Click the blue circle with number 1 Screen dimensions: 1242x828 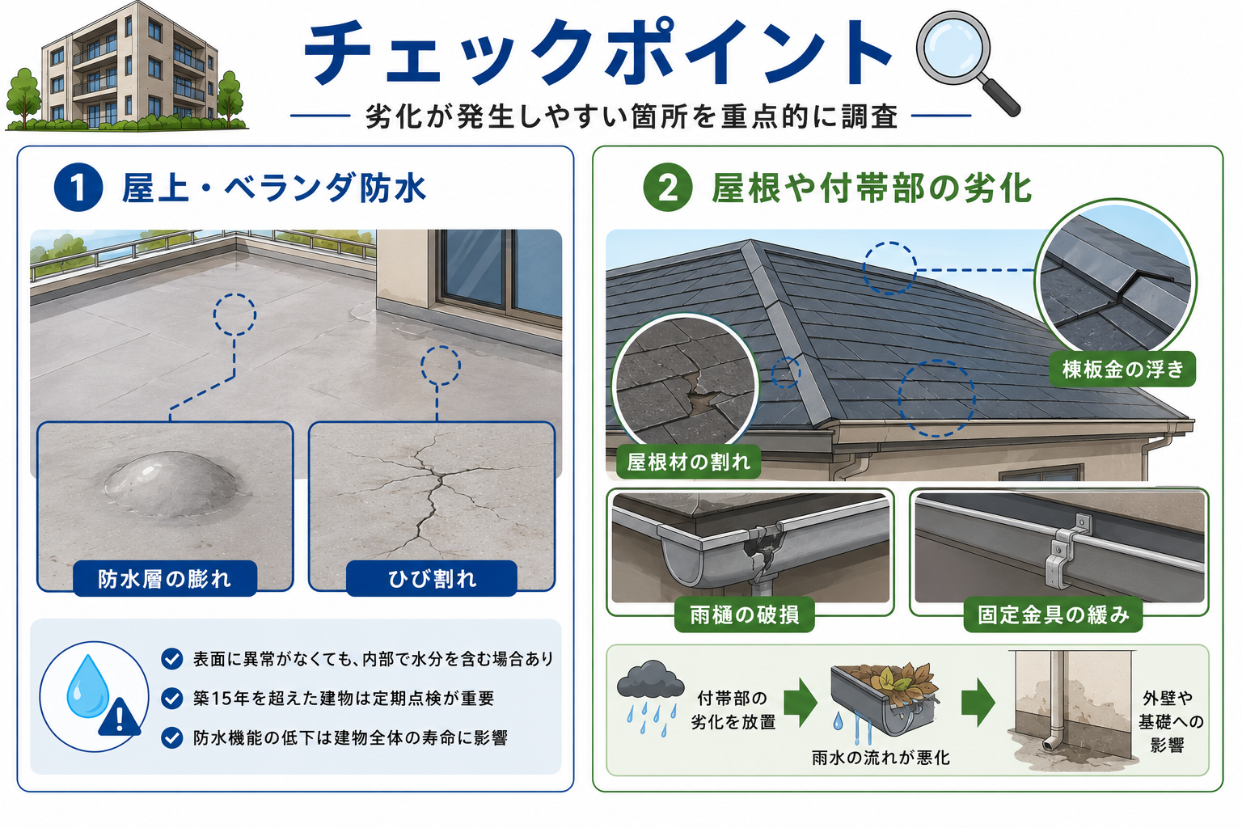point(78,188)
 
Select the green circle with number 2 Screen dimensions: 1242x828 point(668,188)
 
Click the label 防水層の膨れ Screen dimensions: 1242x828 point(165,578)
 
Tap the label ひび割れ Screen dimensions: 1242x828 point(431,578)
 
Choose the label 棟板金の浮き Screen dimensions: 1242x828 point(1122,369)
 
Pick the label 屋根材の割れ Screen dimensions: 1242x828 point(688,462)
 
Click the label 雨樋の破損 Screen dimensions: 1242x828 point(744,615)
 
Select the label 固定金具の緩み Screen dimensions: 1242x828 point(1053,615)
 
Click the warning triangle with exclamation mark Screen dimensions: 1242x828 point(119,718)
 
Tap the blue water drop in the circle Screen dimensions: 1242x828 point(87,687)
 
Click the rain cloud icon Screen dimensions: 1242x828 point(650,679)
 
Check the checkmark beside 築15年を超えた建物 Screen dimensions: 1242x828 point(172,699)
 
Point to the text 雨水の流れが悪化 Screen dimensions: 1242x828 point(881,758)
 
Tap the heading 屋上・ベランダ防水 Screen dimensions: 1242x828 point(274,188)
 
